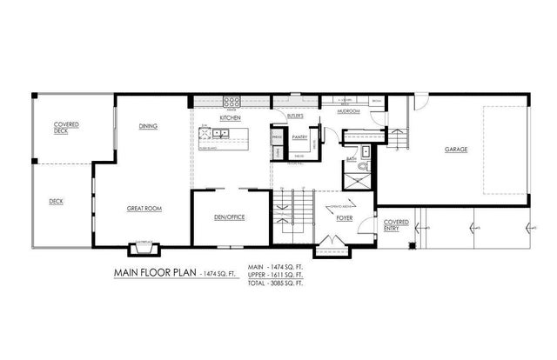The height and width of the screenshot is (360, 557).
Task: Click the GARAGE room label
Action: click(x=456, y=150)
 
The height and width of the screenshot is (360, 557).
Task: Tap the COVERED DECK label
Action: click(x=67, y=127)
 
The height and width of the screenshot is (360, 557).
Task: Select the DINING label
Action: click(x=148, y=127)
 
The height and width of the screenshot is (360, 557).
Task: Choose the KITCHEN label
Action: click(x=231, y=117)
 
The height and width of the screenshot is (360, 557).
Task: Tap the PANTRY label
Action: click(x=301, y=137)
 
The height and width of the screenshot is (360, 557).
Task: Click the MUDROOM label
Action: click(x=349, y=110)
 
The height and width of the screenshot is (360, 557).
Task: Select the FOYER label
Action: click(x=344, y=218)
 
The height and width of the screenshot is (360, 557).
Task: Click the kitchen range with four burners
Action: click(x=232, y=100)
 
